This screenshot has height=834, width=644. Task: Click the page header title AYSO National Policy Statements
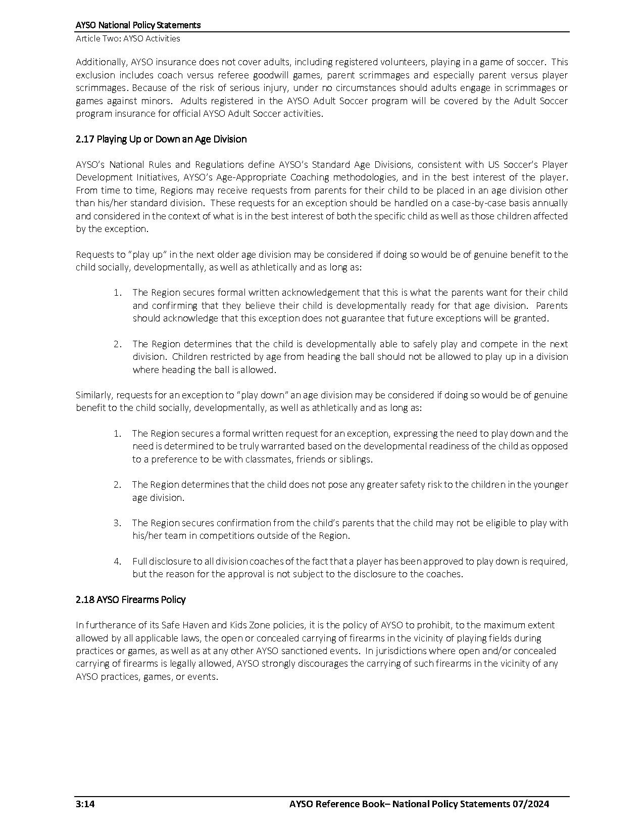(x=138, y=25)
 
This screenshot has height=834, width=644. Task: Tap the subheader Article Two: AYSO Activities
(x=128, y=38)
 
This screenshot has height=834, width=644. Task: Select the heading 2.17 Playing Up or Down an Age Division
(x=161, y=139)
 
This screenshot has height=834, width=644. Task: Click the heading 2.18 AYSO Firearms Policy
(x=131, y=599)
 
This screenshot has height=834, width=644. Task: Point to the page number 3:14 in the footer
(x=85, y=804)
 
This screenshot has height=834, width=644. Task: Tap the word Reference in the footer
(x=337, y=804)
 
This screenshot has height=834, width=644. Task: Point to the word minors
(x=155, y=101)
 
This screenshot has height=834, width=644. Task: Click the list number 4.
(x=117, y=561)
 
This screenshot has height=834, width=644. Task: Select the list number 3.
(x=117, y=523)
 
